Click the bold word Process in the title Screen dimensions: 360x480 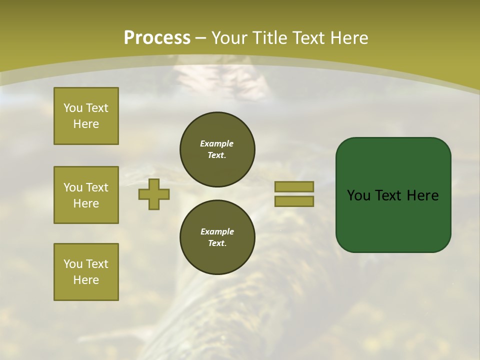(157, 38)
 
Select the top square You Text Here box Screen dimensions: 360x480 (86, 116)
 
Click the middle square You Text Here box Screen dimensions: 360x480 (86, 195)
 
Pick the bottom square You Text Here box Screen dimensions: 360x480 (86, 271)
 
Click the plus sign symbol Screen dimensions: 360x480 (154, 194)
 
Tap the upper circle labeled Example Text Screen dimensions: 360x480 (217, 149)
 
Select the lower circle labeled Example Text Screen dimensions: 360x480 (217, 237)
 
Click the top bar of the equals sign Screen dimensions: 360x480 (294, 186)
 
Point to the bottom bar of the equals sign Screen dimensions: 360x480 (294, 201)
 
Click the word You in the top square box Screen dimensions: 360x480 (73, 108)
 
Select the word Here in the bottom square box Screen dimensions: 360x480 (86, 280)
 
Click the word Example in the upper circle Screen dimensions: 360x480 (217, 143)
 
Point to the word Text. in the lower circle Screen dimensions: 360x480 (217, 243)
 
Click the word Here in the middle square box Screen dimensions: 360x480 (86, 203)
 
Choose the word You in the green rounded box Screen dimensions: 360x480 (357, 195)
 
